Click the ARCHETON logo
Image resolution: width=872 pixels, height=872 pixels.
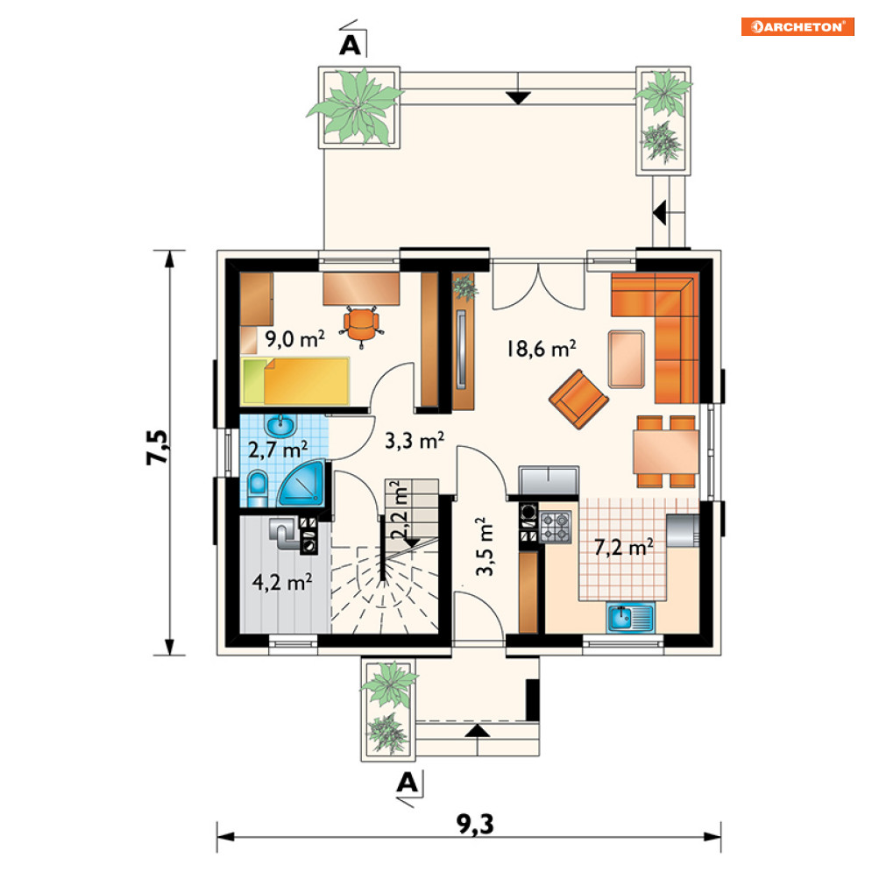click(797, 26)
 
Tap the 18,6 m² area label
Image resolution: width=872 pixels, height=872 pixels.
click(541, 348)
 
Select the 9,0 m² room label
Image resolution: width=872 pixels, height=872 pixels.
click(294, 338)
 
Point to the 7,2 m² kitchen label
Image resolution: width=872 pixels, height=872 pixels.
click(623, 547)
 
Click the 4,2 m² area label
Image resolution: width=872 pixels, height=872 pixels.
click(281, 582)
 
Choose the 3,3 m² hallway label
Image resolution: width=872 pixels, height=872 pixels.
click(415, 441)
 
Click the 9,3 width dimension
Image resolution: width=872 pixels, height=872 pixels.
click(476, 824)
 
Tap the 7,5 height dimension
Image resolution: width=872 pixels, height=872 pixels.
click(158, 447)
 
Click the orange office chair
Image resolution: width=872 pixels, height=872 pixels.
click(361, 325)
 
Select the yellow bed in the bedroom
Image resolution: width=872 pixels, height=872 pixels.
click(295, 381)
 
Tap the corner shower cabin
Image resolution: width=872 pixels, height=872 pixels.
click(301, 483)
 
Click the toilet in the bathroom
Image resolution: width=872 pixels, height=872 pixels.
click(257, 489)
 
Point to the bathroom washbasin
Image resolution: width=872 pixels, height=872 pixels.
click(280, 426)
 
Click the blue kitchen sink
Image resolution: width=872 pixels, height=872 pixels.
click(631, 618)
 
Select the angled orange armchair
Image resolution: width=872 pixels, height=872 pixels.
click(578, 399)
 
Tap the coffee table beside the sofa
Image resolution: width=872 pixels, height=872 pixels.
click(627, 358)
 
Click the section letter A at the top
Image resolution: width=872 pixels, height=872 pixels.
click(351, 45)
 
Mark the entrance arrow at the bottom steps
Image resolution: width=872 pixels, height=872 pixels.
click(477, 731)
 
